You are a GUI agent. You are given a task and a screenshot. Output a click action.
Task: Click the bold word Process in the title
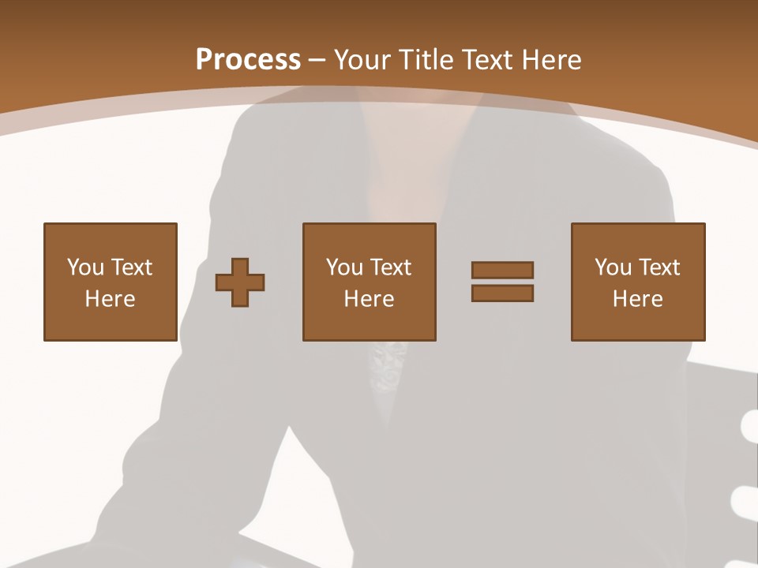coord(248,60)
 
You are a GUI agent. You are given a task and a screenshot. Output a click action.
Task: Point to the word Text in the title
coord(487,60)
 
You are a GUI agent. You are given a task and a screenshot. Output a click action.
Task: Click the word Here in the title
coord(552,60)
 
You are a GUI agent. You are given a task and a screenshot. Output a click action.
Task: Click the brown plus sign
coord(240,282)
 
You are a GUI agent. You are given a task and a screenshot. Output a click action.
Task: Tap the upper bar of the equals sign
coord(502,270)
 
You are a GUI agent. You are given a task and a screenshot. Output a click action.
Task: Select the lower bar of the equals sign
coord(502,293)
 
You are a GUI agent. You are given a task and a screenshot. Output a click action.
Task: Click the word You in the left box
coord(85,267)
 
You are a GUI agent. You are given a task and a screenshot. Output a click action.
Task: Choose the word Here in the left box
coord(110,299)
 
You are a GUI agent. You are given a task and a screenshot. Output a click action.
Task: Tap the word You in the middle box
coord(344,267)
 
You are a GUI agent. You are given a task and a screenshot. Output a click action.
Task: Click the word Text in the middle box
coord(390,267)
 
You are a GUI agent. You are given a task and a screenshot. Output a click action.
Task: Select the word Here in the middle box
coord(369,299)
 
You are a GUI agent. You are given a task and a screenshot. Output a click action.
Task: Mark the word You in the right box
coord(613,267)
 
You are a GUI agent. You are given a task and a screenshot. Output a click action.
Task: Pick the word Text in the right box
coord(659,267)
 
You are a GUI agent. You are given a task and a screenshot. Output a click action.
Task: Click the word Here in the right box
coord(637,299)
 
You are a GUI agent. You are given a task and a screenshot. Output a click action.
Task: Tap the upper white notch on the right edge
coord(750,429)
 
